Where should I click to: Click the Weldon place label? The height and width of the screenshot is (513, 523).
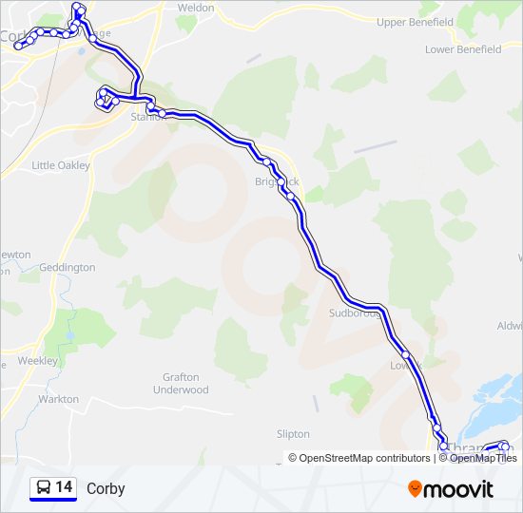(x=196, y=8)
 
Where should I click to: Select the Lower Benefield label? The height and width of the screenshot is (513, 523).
(x=463, y=49)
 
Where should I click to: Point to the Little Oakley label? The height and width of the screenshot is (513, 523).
(x=61, y=165)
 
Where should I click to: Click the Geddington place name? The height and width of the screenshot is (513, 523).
(x=68, y=268)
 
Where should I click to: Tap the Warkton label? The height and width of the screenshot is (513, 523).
(x=59, y=400)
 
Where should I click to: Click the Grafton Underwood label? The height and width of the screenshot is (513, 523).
(x=180, y=384)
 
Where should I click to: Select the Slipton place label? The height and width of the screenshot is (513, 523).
(x=293, y=434)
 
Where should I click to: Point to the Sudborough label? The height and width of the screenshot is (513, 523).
(x=354, y=313)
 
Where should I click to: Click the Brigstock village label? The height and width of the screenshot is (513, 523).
(x=276, y=181)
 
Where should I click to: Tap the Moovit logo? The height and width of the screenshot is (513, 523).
(x=451, y=489)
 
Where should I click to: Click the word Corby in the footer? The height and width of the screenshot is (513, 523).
(x=106, y=489)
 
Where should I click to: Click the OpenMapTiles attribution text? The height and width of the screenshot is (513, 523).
(x=483, y=458)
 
